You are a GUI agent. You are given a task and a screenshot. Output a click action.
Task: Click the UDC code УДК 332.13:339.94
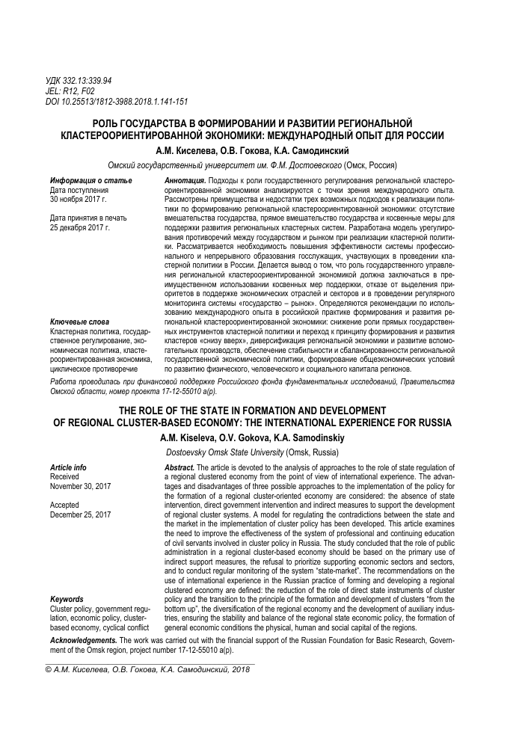tap(80, 81)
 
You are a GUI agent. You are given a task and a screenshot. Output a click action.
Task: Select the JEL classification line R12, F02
tap(70, 91)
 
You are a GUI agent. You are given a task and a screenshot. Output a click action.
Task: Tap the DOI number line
tap(116, 102)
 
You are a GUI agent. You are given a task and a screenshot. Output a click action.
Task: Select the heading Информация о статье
tap(90, 182)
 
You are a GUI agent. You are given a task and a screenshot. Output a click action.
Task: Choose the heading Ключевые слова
tap(79, 321)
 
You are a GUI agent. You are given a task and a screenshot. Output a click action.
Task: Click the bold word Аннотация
tap(185, 182)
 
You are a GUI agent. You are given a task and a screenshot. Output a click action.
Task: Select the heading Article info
tap(67, 467)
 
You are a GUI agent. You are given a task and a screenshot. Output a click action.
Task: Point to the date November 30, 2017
tap(80, 486)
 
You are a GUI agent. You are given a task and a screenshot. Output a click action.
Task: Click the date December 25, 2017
tap(80, 514)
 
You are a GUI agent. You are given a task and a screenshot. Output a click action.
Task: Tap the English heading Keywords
tap(67, 600)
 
